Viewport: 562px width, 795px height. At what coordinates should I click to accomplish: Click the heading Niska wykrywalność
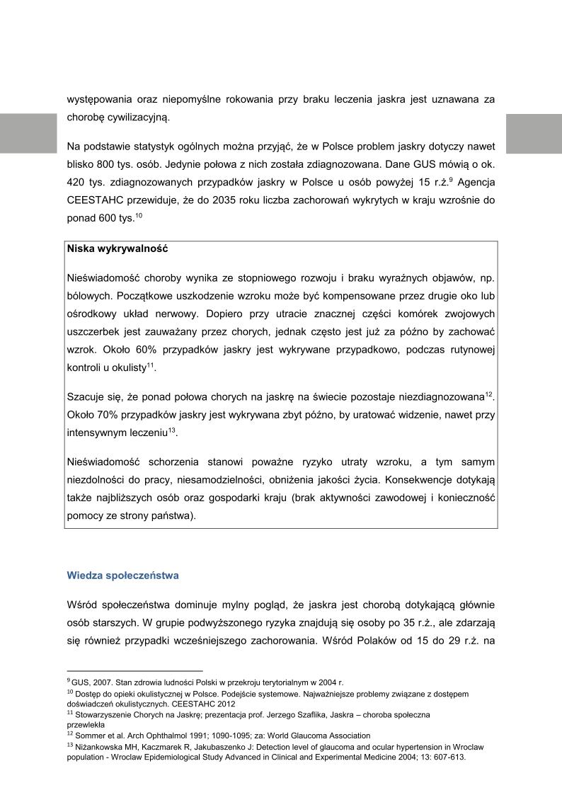pyautogui.click(x=117, y=249)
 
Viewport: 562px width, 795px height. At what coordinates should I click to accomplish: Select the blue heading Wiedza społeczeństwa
pyautogui.click(x=123, y=576)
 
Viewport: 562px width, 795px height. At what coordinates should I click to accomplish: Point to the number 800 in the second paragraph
pyautogui.click(x=105, y=164)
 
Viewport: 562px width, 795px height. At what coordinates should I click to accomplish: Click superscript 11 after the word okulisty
pyautogui.click(x=151, y=365)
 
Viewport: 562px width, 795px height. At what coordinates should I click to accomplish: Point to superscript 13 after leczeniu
pyautogui.click(x=171, y=428)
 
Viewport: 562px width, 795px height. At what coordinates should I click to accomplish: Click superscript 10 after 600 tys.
pyautogui.click(x=139, y=214)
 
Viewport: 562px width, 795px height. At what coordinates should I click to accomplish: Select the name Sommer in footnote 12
pyautogui.click(x=91, y=736)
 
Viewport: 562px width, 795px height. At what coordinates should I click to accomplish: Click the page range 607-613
pyautogui.click(x=449, y=756)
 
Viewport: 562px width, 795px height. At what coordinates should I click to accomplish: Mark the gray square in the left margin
pyautogui.click(x=28, y=133)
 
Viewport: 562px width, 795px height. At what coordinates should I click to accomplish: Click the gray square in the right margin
pyautogui.click(x=534, y=133)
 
